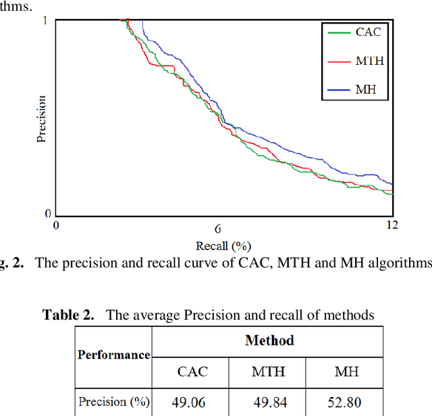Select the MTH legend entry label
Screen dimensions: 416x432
click(x=369, y=61)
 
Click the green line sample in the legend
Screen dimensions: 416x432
click(x=338, y=32)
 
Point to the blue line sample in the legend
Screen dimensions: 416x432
click(x=338, y=89)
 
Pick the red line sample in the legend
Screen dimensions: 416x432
click(x=338, y=61)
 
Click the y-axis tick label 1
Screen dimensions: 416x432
click(x=46, y=21)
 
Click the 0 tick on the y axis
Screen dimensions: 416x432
click(x=47, y=214)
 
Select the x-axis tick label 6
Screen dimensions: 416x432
click(x=218, y=228)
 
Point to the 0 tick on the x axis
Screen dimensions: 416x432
click(x=57, y=228)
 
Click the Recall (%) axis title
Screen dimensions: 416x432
click(x=223, y=245)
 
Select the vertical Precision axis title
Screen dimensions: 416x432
click(x=41, y=119)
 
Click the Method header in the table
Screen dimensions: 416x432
click(x=269, y=340)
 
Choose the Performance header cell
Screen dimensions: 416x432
click(x=113, y=355)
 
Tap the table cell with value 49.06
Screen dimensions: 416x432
click(x=192, y=403)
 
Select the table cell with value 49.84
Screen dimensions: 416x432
click(x=268, y=403)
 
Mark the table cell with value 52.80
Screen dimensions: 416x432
click(x=344, y=403)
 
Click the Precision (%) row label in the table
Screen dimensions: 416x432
click(x=112, y=402)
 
